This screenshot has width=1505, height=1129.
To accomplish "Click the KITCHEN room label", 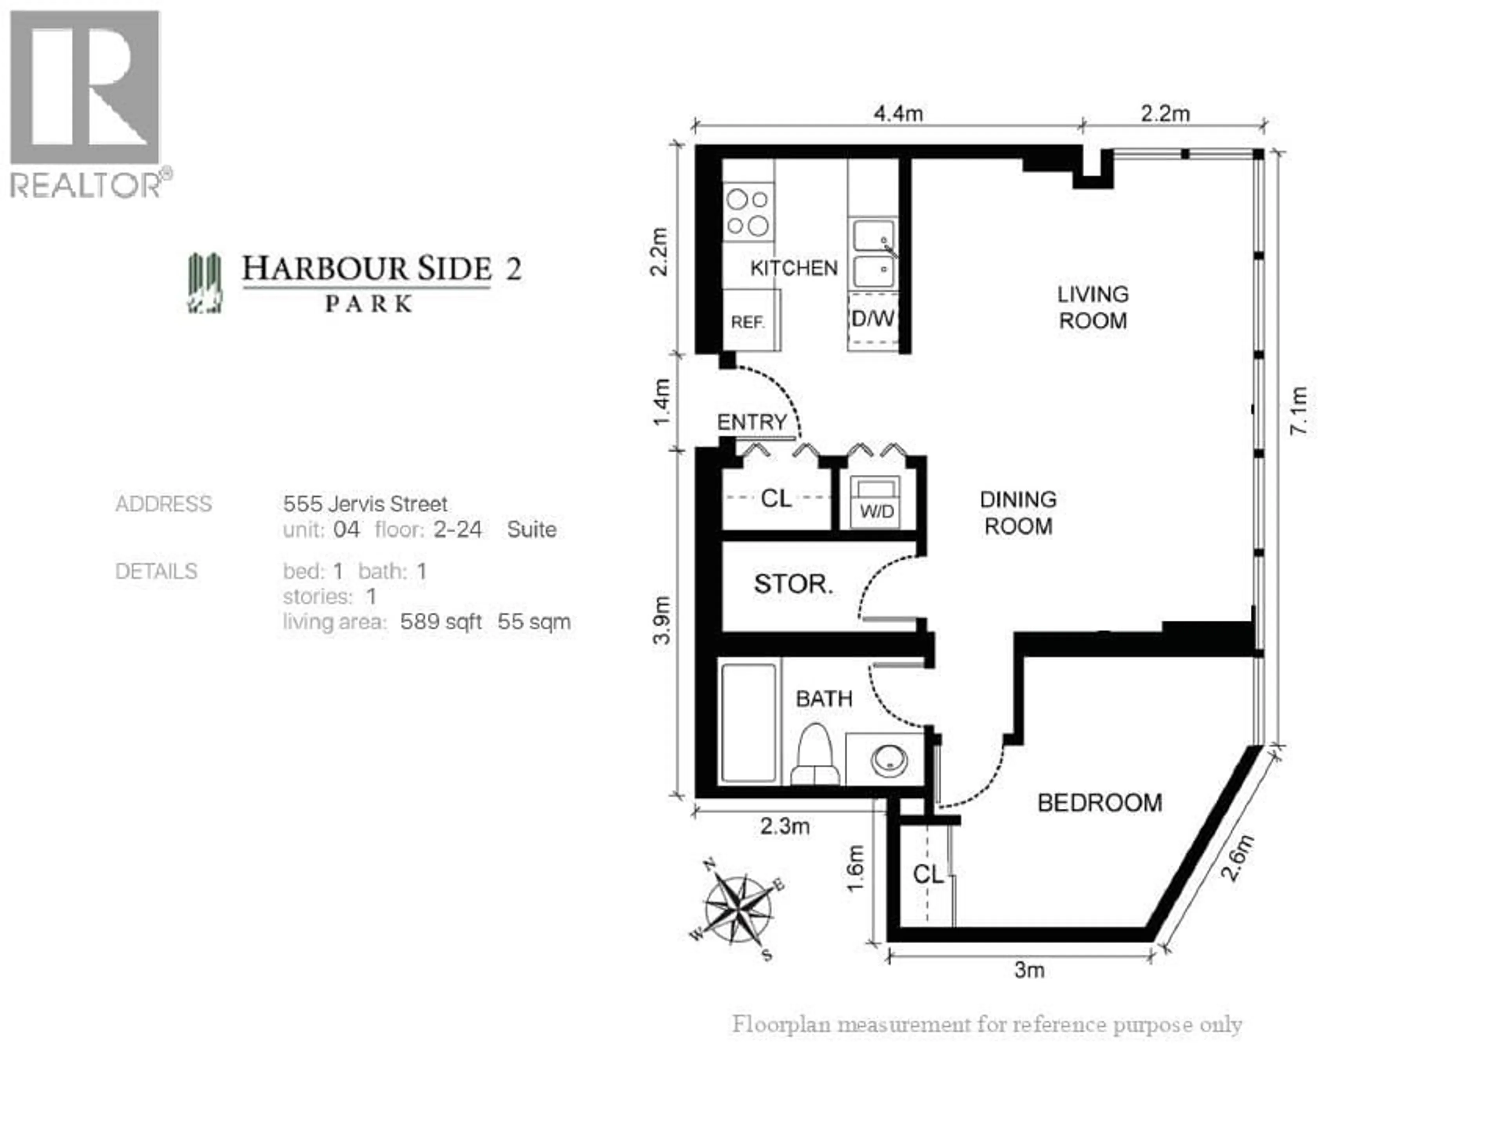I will point(793,268).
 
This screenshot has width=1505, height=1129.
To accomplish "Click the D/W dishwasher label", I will point(873,318).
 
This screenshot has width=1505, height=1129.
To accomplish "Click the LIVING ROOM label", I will point(1093,308).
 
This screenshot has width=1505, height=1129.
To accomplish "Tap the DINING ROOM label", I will point(1018,512).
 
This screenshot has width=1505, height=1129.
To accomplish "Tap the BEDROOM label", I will point(1099,803).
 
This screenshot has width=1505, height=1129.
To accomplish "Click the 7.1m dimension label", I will point(1298,410).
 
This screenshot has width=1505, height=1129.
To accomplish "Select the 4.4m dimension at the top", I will point(898,114).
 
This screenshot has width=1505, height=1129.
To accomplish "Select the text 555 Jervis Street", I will point(365,504).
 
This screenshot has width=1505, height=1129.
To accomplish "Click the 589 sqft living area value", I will point(440,622).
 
